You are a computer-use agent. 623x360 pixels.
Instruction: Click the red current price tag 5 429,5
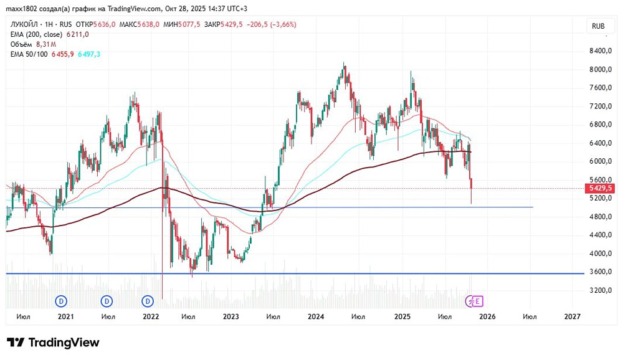tap(599, 188)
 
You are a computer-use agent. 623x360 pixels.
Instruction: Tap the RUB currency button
tap(598, 26)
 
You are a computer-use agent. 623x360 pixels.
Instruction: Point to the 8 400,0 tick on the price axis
tap(601, 51)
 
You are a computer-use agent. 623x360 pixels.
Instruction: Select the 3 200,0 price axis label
tap(601, 290)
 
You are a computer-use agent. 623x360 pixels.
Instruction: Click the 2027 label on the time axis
tap(572, 316)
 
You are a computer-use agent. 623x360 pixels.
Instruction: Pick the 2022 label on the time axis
tap(151, 316)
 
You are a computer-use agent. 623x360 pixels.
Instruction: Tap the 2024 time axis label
tap(315, 316)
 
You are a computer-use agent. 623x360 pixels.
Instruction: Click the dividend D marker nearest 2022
tap(148, 301)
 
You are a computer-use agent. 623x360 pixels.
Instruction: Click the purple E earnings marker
tap(477, 301)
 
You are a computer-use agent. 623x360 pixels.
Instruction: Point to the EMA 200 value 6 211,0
tap(77, 35)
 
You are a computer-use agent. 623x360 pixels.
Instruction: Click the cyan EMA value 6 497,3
tap(89, 54)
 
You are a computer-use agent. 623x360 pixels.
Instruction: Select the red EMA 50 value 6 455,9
tap(62, 54)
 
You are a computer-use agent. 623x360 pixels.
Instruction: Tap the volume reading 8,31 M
tap(46, 44)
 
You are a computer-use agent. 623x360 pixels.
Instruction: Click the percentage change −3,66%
tap(283, 25)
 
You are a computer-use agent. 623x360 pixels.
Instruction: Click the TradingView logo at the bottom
tap(53, 342)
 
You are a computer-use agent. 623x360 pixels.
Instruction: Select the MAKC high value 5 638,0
tap(148, 25)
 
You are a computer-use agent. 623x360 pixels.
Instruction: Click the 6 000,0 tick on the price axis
tap(601, 161)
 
